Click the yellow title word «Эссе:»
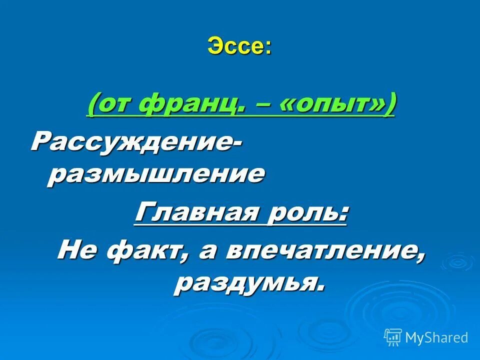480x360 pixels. tap(239, 47)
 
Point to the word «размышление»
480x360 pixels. tap(155, 174)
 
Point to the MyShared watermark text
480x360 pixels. tap(436, 337)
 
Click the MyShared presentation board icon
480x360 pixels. tap(393, 337)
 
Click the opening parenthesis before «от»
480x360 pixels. tap(92, 105)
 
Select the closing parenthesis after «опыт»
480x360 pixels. tap(389, 105)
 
